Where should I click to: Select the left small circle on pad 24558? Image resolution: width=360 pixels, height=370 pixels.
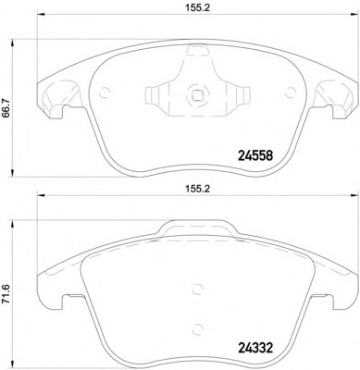tap(104, 91)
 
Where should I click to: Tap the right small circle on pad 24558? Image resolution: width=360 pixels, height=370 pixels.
tap(284, 91)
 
